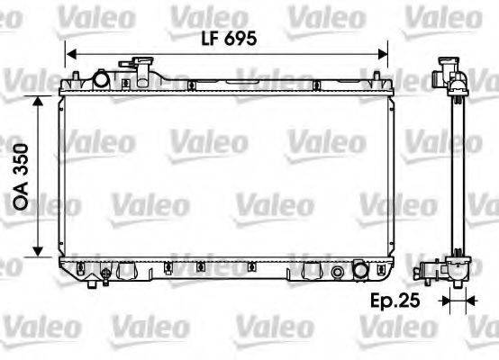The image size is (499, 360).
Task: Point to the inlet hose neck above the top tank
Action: click(141, 67)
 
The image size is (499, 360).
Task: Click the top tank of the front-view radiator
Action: click(225, 88)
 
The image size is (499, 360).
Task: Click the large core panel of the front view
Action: click(225, 175)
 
